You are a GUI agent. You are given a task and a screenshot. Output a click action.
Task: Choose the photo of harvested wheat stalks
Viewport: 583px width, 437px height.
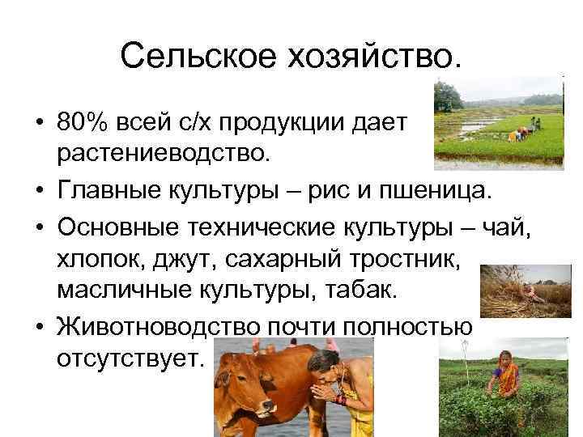523,291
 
